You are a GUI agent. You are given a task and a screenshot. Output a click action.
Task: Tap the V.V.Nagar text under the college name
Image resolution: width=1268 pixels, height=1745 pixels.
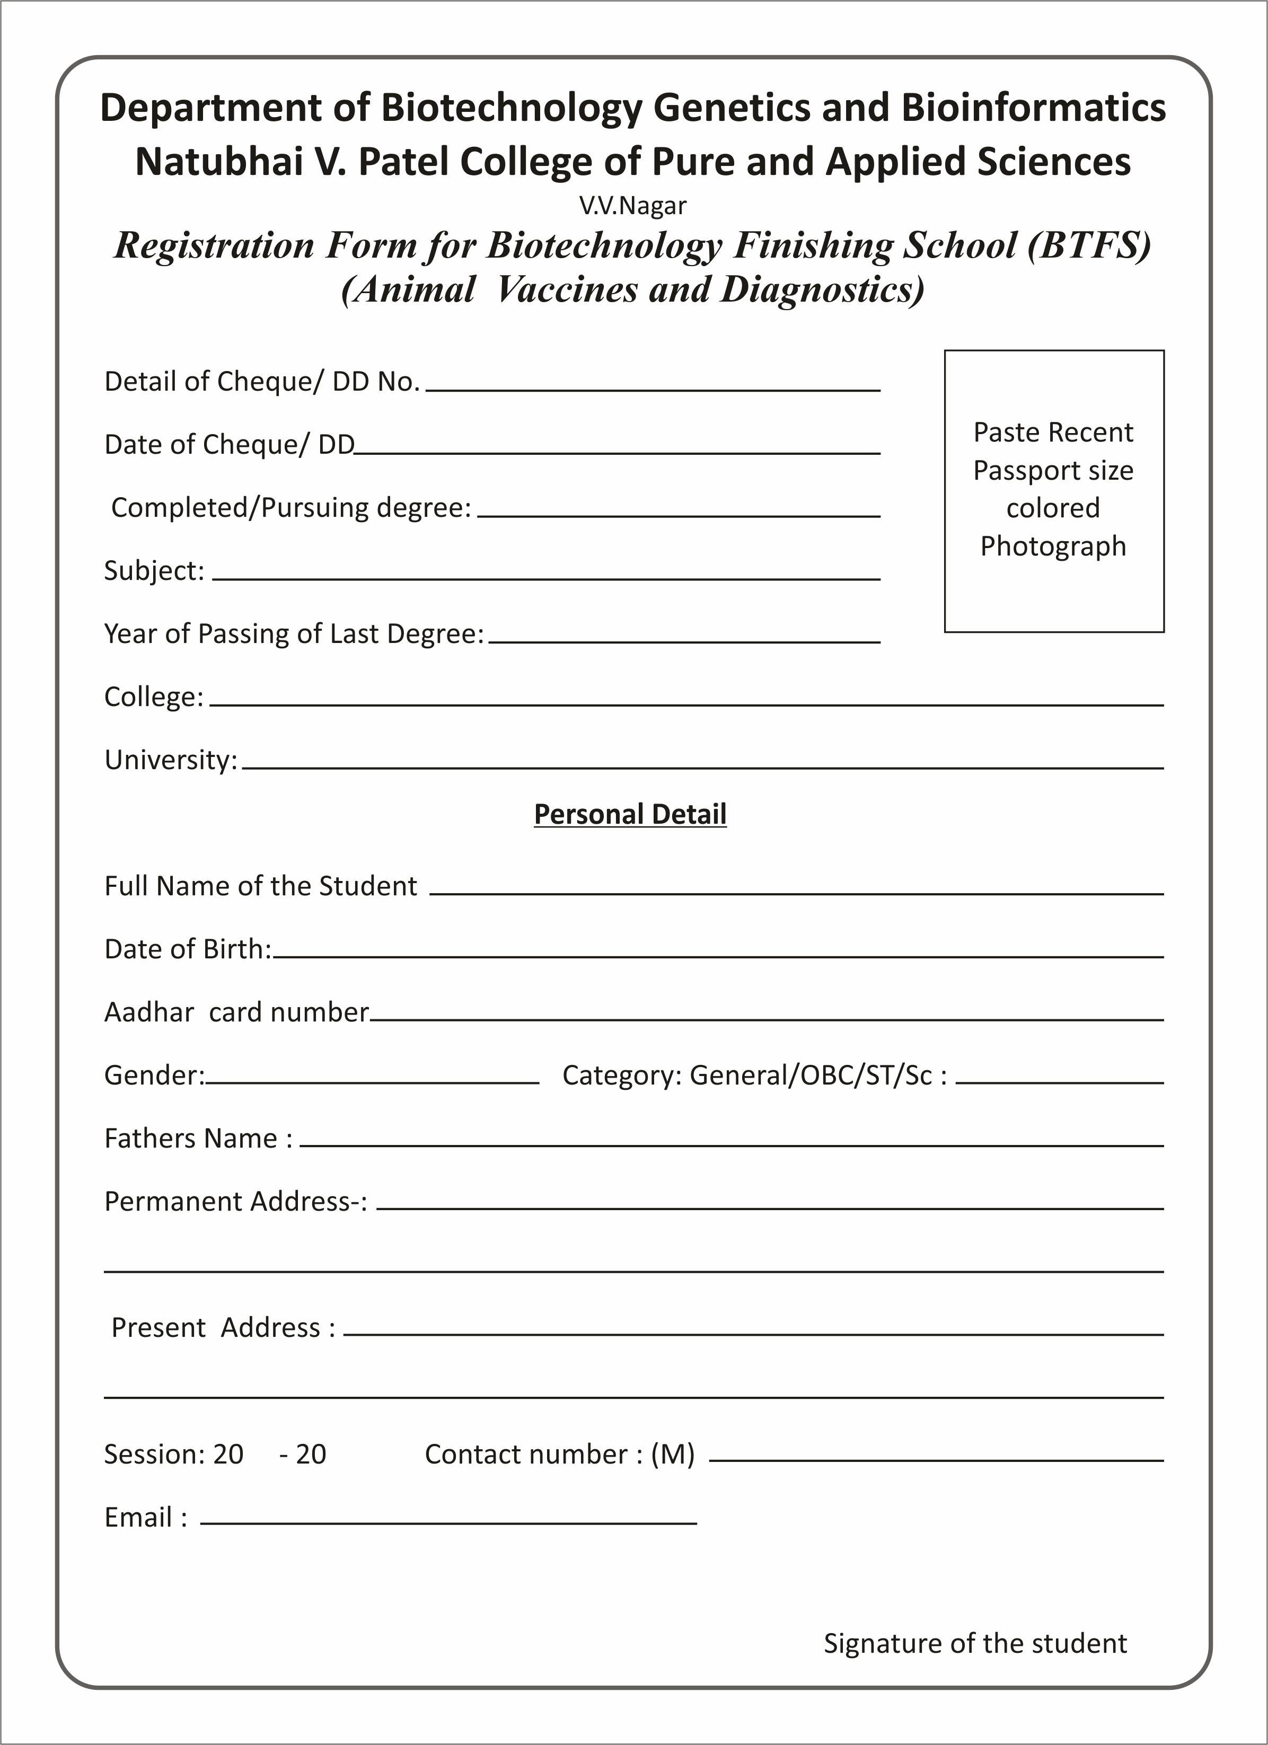[x=632, y=206]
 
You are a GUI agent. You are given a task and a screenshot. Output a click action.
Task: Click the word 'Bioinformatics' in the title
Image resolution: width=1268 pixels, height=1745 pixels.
[x=1033, y=108]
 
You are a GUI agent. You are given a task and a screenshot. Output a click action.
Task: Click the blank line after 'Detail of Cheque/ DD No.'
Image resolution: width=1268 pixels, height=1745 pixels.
[x=653, y=385]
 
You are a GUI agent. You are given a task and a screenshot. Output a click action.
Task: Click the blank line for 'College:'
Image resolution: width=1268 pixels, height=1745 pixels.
[x=686, y=699]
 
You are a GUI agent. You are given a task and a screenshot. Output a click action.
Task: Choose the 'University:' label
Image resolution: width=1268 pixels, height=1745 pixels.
[x=171, y=760]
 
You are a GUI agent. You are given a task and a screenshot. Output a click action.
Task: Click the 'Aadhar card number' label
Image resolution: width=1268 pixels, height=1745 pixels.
[x=236, y=1012]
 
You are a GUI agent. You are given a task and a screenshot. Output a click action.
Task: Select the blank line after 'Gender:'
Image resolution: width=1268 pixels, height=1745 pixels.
[x=373, y=1077]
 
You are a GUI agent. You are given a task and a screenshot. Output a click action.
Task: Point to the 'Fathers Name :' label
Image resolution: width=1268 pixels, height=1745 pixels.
[x=198, y=1139]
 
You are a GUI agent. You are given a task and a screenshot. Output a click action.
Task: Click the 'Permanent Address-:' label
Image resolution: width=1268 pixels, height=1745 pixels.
[x=235, y=1202]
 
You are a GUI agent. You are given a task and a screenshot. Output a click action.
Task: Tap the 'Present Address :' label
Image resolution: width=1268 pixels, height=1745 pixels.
[x=224, y=1328]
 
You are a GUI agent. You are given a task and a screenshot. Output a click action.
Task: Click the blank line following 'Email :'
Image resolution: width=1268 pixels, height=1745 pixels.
[x=448, y=1517]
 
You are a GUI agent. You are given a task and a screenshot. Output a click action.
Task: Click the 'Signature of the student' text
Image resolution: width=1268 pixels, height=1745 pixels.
[x=975, y=1643]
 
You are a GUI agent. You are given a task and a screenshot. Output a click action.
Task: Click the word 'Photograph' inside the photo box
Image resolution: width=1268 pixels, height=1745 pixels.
[x=1053, y=547]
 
